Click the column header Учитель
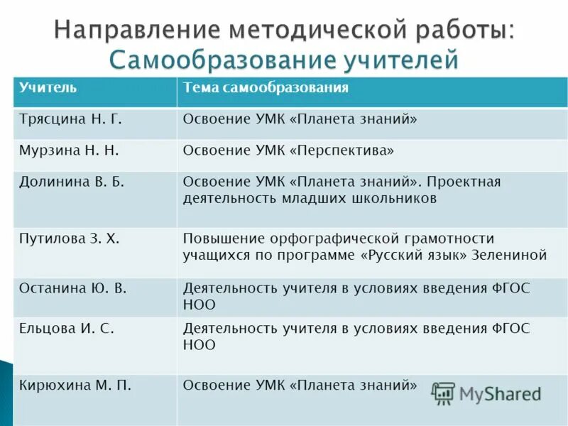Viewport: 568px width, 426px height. point(48,88)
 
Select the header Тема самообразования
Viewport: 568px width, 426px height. point(266,88)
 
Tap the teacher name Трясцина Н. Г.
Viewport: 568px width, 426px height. point(71,119)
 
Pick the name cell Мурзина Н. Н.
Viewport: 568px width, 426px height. point(69,151)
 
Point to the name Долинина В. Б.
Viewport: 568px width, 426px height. point(72,182)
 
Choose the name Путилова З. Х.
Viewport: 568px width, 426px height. point(70,239)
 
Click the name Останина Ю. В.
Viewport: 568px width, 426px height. point(73,288)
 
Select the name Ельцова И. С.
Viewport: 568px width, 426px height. point(67,329)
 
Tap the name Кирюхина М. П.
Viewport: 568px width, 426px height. point(75,386)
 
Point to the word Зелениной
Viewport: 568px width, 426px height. point(509,255)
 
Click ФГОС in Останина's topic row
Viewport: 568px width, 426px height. point(510,288)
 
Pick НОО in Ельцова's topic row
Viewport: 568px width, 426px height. point(199,345)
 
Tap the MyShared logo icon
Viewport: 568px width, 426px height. point(443,393)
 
